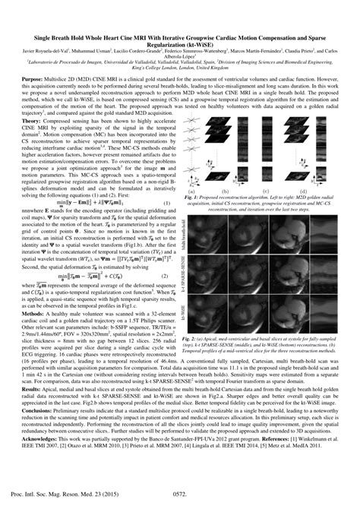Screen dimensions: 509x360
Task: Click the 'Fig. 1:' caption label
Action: click(x=193, y=195)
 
